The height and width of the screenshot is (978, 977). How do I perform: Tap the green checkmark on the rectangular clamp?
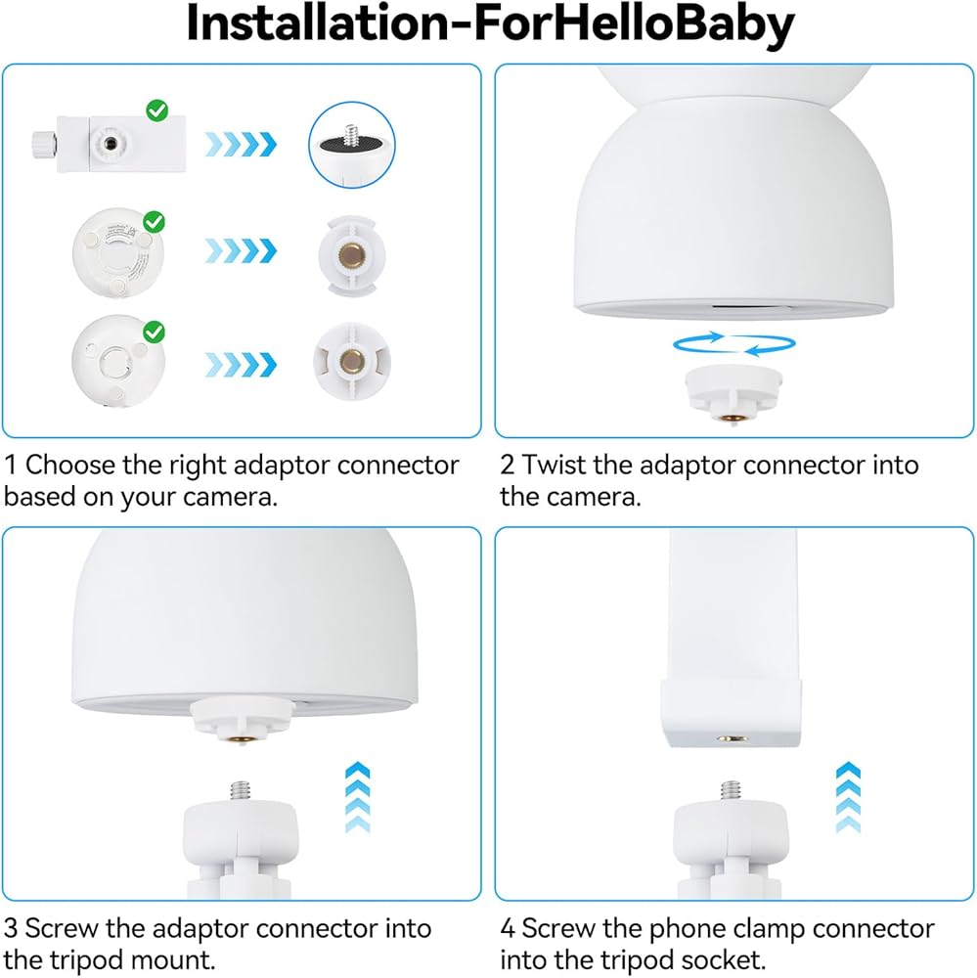(x=157, y=111)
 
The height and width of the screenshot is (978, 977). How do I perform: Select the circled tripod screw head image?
(x=352, y=145)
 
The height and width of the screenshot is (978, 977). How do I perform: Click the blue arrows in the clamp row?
(x=241, y=144)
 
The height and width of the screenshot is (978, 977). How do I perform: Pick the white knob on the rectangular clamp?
(x=45, y=145)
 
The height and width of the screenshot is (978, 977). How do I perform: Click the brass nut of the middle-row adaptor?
(x=352, y=255)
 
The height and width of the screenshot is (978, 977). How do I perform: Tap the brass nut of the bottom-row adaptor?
(x=352, y=361)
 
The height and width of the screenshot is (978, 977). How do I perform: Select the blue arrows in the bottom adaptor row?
(x=241, y=364)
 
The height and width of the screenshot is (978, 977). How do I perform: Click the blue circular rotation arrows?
(x=734, y=343)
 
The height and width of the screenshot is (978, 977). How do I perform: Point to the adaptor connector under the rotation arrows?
(x=733, y=395)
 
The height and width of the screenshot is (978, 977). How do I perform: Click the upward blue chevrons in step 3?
(x=358, y=797)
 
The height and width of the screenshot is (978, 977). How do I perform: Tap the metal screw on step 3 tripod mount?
(x=241, y=791)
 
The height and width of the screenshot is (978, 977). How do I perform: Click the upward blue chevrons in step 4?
(x=849, y=797)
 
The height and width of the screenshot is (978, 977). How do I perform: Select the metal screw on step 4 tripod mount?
(x=731, y=791)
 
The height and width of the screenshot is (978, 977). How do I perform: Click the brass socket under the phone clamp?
(x=733, y=738)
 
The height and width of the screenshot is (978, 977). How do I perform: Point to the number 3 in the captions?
(x=10, y=929)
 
